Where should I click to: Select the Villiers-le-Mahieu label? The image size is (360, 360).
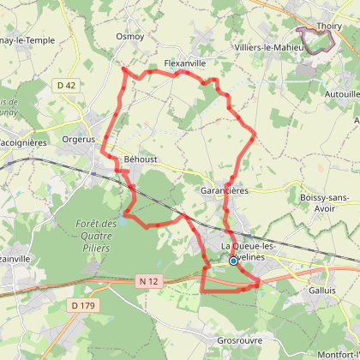click(270, 48)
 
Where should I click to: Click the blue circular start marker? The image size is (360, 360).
click(232, 261)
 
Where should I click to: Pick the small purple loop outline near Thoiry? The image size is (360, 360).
click(313, 39)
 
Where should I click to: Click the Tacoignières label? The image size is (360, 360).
click(21, 142)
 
